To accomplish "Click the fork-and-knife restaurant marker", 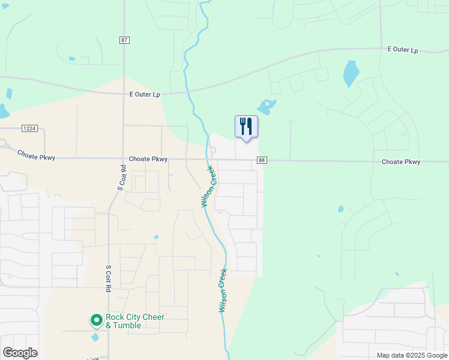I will point(246,127).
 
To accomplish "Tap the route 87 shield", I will point(124,40).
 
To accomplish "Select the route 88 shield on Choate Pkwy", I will point(262,160).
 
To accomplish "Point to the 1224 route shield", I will point(29,128).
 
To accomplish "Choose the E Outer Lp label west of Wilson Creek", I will point(145,94).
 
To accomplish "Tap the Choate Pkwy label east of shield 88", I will point(401,162).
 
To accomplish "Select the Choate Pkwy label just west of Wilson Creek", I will point(148,160).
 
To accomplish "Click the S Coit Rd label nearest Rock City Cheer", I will point(109,279).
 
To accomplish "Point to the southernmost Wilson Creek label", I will point(223,290).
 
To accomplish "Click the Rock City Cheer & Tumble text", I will point(135,321).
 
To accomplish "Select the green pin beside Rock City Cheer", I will point(95,320).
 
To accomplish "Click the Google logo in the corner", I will point(20,352).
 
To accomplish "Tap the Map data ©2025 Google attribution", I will point(412,355).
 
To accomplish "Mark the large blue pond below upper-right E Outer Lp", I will point(351,74).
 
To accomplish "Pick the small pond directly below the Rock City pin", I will point(95,337).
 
